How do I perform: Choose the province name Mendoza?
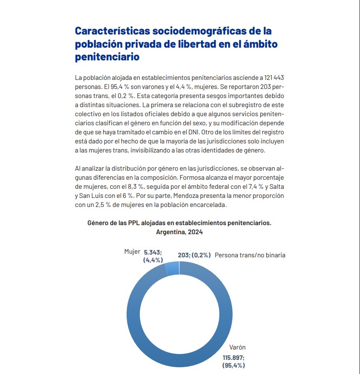point(182,195)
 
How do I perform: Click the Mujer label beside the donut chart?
point(132,251)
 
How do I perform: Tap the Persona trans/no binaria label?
point(250,255)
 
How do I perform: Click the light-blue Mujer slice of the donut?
point(173,269)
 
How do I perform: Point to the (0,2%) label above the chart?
point(201,255)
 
